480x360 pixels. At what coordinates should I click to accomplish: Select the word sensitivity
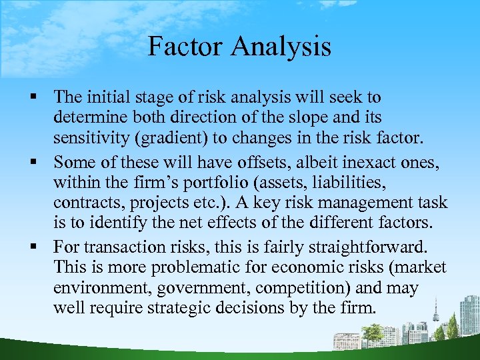[x=87, y=139]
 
